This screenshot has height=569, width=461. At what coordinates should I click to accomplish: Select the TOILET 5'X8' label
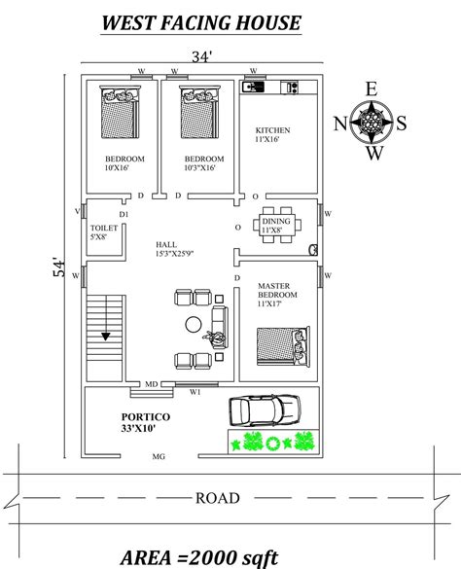pyautogui.click(x=103, y=231)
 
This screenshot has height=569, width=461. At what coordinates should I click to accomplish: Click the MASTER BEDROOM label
pyautogui.click(x=275, y=293)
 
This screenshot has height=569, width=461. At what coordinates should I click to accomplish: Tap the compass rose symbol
pyautogui.click(x=371, y=123)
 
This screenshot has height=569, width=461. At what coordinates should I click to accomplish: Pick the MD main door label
pyautogui.click(x=151, y=385)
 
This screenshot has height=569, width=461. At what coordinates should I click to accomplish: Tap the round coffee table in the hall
pyautogui.click(x=195, y=324)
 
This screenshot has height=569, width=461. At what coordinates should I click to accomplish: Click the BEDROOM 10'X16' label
pyautogui.click(x=124, y=162)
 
